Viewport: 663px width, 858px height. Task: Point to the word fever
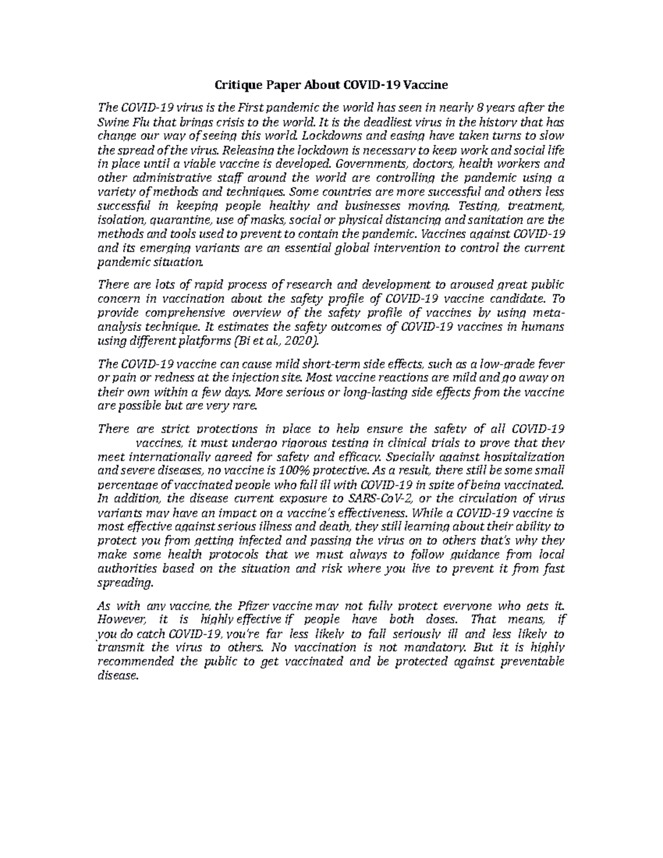coord(550,364)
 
